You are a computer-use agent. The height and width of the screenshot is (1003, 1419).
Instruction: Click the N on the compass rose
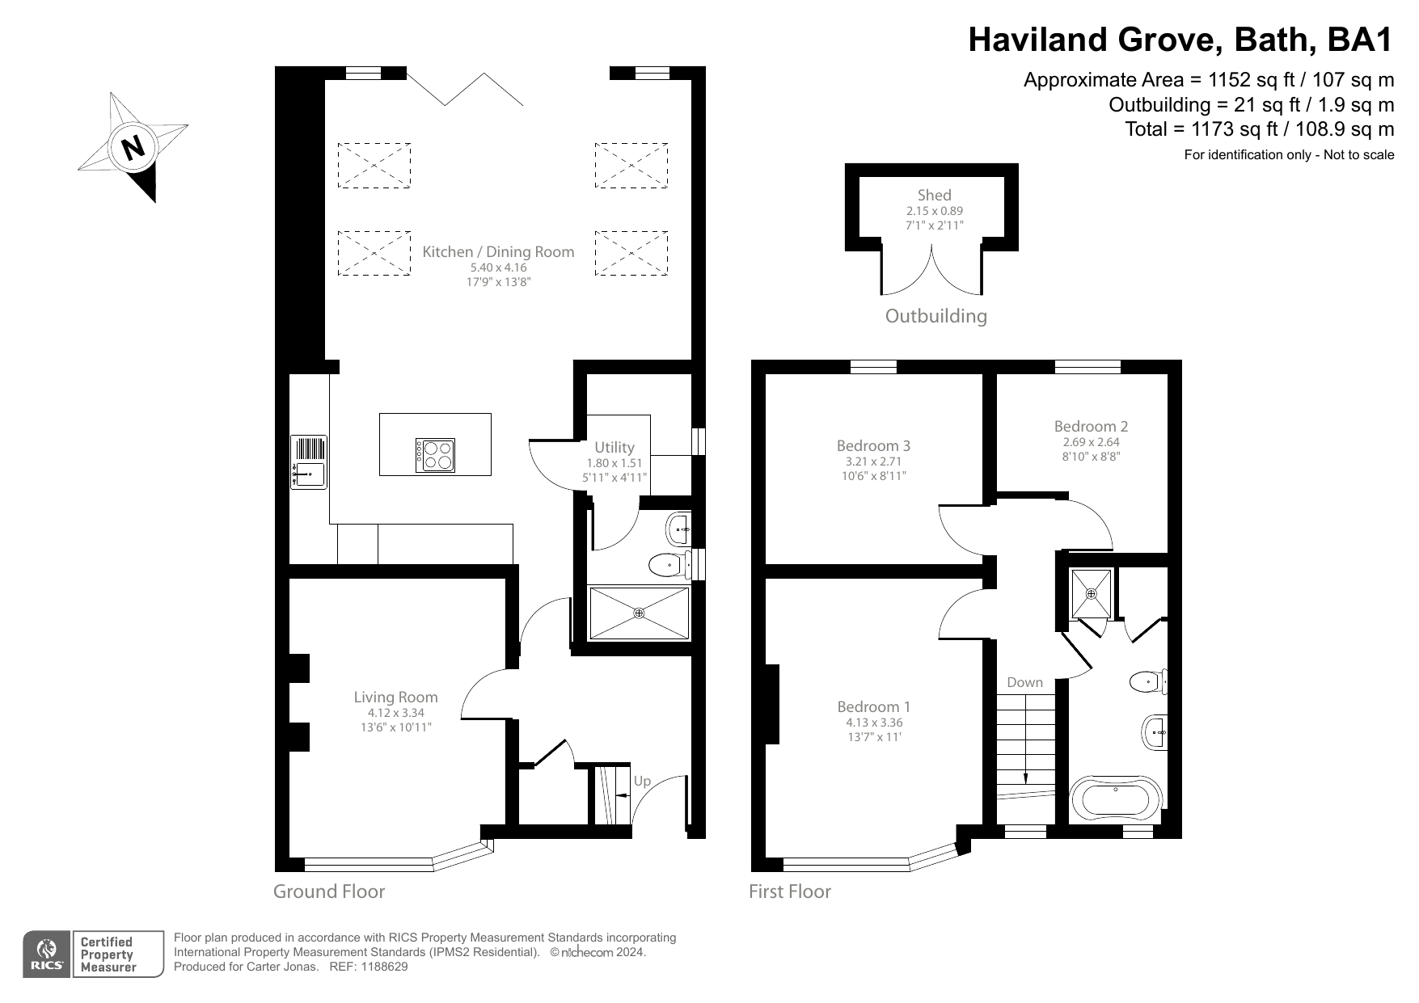(133, 148)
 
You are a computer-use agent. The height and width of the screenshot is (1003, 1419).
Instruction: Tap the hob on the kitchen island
(435, 455)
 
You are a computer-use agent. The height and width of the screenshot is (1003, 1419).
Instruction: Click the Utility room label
(614, 447)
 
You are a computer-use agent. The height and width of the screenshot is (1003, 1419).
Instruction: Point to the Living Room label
(395, 697)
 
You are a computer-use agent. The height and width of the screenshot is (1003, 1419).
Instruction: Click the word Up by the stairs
(642, 781)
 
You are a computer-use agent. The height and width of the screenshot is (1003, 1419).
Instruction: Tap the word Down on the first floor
(1024, 682)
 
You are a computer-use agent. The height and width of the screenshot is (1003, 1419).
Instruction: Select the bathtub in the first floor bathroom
(1116, 798)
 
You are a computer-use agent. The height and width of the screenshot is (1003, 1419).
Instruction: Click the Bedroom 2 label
(1091, 426)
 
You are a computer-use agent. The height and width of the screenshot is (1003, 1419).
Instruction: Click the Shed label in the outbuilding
(934, 195)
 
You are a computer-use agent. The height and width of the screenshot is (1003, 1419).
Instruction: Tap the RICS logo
(47, 955)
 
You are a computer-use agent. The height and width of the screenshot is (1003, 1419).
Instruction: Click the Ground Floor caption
(328, 891)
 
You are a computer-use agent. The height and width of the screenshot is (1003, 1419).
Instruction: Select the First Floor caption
(789, 891)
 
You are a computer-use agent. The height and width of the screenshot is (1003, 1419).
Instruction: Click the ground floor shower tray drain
(639, 613)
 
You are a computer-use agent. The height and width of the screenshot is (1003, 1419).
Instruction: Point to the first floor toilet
(1147, 681)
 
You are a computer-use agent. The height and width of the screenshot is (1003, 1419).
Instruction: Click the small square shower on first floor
(1091, 593)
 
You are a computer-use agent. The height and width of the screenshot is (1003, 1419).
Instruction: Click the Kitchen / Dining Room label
(498, 251)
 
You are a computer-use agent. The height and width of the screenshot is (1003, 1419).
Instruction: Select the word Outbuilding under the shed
(935, 316)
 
